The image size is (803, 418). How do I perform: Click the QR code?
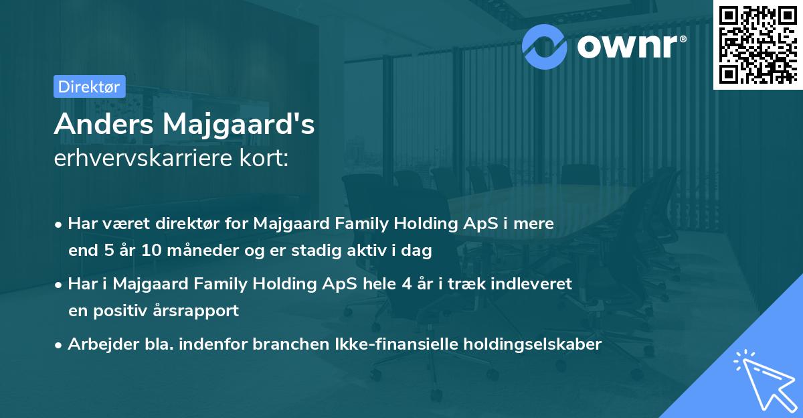(x=757, y=44)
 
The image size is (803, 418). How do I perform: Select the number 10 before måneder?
(x=151, y=251)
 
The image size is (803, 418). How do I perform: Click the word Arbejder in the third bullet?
(x=97, y=344)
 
